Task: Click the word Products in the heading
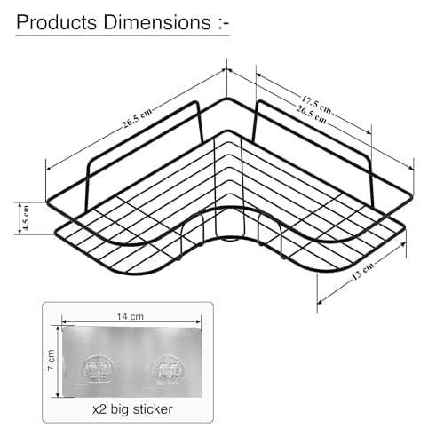(57, 22)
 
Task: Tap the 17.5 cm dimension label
(316, 105)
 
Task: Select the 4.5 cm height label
(26, 218)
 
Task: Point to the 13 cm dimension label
(363, 271)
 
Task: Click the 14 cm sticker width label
(131, 316)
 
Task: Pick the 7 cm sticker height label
(52, 360)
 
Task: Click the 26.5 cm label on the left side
(137, 118)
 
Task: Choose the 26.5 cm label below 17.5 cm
(312, 115)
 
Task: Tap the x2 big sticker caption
(132, 409)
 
